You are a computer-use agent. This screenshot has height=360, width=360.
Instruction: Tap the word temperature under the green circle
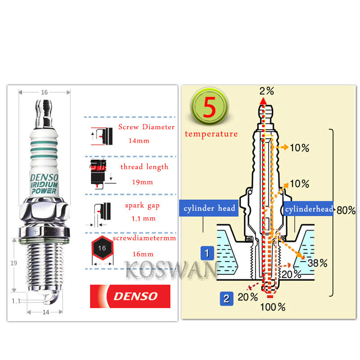tap(211, 134)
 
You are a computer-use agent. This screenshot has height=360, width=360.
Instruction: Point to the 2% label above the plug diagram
tap(266, 90)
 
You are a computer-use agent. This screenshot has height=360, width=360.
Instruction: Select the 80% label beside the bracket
tap(346, 210)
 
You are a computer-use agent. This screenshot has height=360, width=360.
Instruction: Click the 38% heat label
tap(317, 263)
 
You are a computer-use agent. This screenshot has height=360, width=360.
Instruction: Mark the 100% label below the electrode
tap(273, 307)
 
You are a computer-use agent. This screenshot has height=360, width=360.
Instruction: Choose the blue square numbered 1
tap(207, 253)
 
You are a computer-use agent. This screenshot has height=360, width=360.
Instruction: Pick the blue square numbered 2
tap(226, 298)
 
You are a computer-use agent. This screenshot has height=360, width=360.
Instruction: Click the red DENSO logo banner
tap(130, 296)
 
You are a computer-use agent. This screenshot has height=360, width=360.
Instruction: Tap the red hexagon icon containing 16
tap(102, 248)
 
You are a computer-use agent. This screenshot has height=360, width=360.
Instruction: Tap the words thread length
tap(144, 167)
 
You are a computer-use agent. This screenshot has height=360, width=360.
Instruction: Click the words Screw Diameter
tap(146, 127)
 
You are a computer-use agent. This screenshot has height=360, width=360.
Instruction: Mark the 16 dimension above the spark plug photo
tap(44, 92)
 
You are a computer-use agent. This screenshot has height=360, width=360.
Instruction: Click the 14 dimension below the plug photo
tap(45, 311)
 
